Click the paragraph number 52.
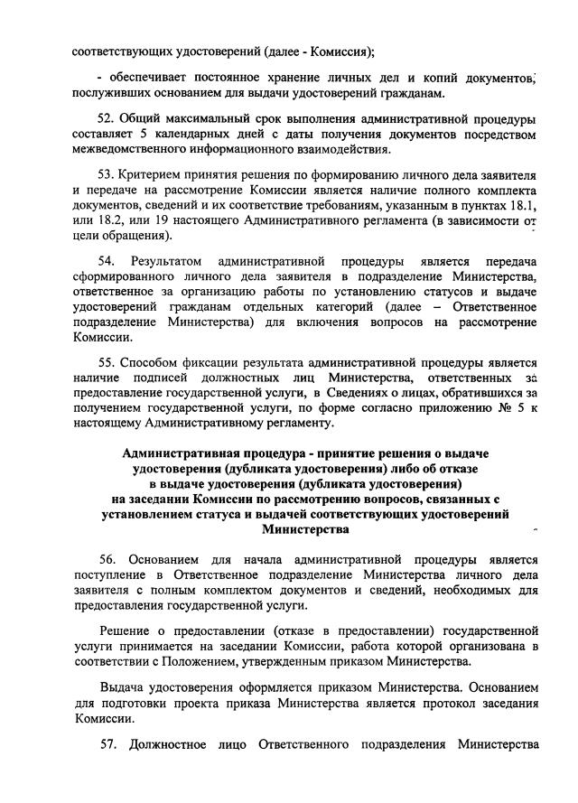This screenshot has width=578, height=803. pos(105,119)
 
